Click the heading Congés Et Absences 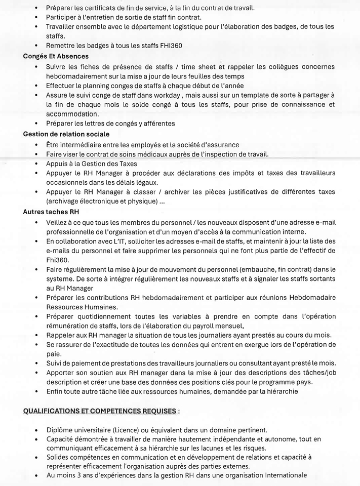coord(56,56)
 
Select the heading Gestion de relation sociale coord(66,134)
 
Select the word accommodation coord(72,114)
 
